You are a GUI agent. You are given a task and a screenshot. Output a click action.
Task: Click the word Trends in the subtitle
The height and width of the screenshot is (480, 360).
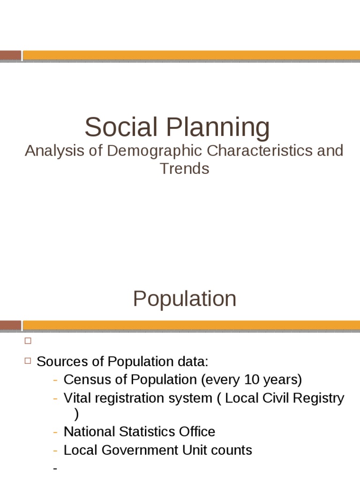click(x=184, y=168)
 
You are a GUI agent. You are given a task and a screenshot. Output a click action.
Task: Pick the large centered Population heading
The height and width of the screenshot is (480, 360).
click(x=184, y=299)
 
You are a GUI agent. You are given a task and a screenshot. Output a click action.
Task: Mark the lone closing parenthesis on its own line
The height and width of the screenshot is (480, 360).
click(x=77, y=414)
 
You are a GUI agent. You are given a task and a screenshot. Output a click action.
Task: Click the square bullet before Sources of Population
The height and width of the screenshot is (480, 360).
click(x=27, y=361)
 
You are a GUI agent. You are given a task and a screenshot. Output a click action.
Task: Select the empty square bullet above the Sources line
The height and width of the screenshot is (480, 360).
click(x=27, y=341)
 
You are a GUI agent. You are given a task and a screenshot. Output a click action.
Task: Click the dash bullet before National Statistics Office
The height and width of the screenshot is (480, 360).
click(x=56, y=432)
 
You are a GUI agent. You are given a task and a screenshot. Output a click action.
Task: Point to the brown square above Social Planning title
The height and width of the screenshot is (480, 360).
click(x=10, y=55)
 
